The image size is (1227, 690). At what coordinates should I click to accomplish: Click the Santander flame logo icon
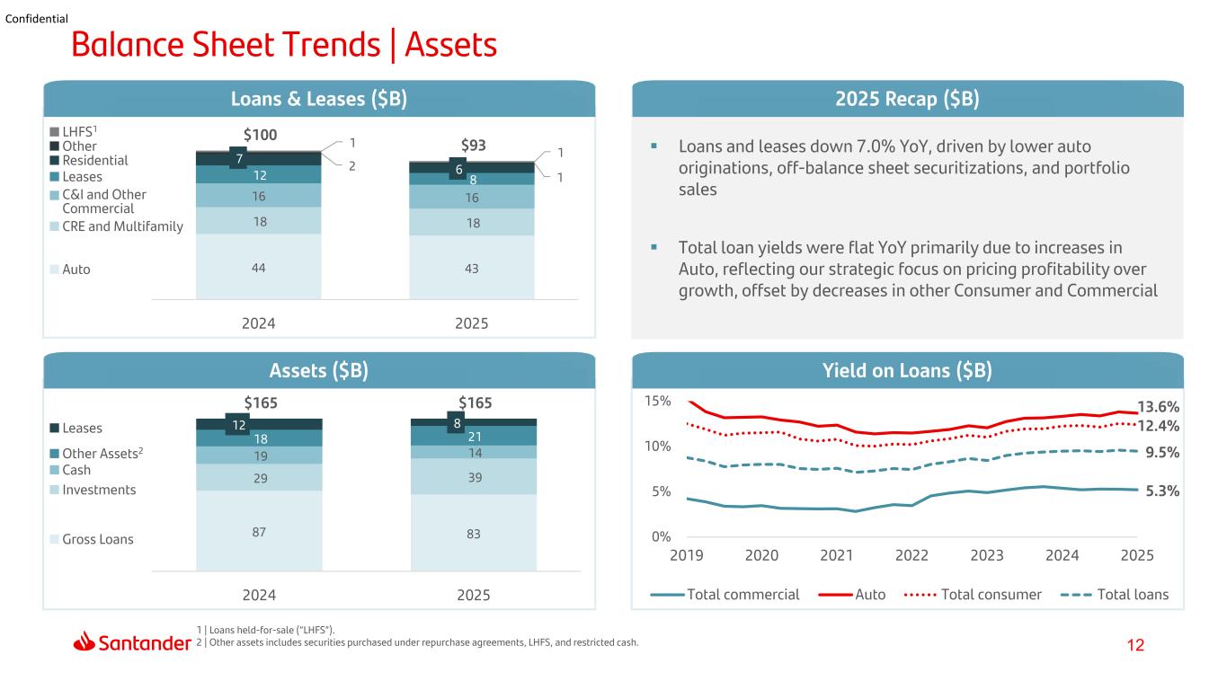pos(84,641)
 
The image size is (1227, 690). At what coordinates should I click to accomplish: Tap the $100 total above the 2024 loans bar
pos(260,135)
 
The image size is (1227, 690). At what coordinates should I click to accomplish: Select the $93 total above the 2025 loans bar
pos(473,146)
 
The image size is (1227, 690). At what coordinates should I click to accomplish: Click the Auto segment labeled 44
pos(259,267)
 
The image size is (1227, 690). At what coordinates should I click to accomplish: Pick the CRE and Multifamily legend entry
pos(116,226)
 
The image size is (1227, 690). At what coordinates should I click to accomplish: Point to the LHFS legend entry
pos(74,131)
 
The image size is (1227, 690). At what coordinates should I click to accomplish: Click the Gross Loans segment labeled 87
pos(259,531)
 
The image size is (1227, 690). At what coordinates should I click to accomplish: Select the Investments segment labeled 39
pos(474,476)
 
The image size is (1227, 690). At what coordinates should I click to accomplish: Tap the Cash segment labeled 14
pos(474,452)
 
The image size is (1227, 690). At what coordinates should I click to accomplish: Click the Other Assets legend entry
pos(96,453)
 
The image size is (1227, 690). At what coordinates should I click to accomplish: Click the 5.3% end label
pos(1162,491)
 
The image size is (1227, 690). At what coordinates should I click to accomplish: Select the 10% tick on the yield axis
pos(657,447)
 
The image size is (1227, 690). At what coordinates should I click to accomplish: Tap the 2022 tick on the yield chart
pos(911,555)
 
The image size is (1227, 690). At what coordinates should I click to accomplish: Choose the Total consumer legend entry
pos(973,594)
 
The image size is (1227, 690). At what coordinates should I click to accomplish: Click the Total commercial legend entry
pos(725,594)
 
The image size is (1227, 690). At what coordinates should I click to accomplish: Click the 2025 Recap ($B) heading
pos(907,99)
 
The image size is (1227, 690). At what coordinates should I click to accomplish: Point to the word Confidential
pos(36,19)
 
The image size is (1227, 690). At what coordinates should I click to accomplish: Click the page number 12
pos(1135,645)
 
